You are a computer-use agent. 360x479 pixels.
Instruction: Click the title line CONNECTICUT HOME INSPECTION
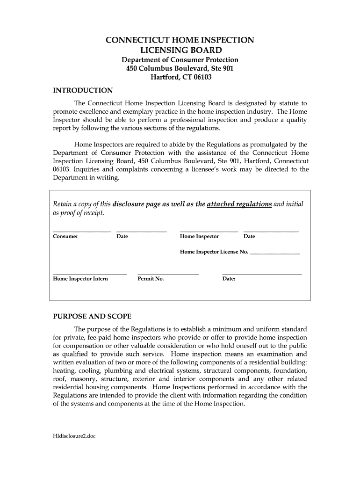(180, 40)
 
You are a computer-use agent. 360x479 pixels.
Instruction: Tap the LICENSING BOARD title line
(180, 50)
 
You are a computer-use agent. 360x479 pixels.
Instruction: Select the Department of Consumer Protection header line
(180, 60)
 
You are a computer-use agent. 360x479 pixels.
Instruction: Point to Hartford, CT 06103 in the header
(180, 77)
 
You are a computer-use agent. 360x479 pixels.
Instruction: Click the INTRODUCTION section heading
(83, 90)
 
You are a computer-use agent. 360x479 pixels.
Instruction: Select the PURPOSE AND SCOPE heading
(92, 316)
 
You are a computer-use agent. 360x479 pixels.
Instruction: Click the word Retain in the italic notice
(63, 204)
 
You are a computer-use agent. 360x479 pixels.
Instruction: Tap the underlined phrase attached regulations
(239, 204)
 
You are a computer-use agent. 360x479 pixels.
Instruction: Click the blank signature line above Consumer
(82, 231)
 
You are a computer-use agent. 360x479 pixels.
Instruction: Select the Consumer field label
(65, 236)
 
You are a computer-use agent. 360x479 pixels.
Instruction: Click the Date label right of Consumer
(122, 236)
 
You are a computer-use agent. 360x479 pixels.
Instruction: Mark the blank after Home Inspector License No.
(275, 253)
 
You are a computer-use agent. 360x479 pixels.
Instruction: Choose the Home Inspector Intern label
(80, 279)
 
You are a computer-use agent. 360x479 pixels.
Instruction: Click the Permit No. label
(151, 279)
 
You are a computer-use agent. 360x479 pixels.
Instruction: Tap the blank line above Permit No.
(168, 274)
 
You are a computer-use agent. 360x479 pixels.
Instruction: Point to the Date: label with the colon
(229, 279)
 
